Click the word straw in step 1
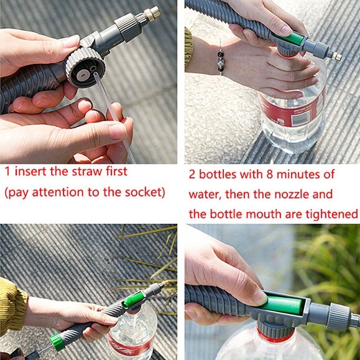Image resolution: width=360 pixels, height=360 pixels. [84, 171]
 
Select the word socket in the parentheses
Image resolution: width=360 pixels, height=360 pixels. [139, 192]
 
